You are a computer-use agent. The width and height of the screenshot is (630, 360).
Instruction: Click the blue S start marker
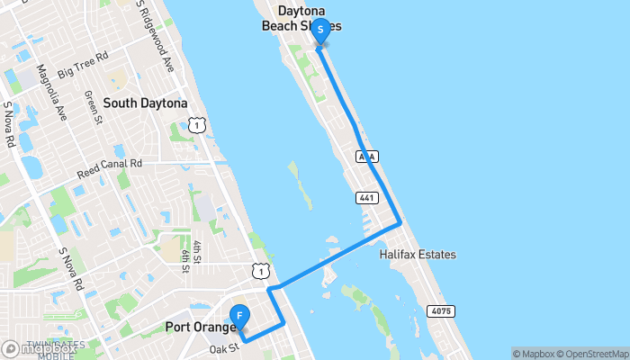[x=320, y=29]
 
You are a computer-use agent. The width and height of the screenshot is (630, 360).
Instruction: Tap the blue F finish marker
[x=239, y=317]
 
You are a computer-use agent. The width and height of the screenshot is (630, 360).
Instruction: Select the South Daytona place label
[x=145, y=103]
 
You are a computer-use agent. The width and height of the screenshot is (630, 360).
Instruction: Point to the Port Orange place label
[x=199, y=327]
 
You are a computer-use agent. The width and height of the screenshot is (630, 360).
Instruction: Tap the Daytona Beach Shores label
[x=301, y=18]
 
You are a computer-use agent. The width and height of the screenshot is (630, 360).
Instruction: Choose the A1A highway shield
[x=366, y=157]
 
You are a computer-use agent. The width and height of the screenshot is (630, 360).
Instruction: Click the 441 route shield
[x=363, y=197]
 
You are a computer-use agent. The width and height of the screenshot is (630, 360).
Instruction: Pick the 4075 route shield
[x=441, y=311]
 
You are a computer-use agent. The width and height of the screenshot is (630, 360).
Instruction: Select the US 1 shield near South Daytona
[x=195, y=126]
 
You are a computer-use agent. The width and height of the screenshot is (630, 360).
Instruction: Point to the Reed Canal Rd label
[x=110, y=166]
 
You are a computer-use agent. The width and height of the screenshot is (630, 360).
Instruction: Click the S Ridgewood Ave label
[x=154, y=37]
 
